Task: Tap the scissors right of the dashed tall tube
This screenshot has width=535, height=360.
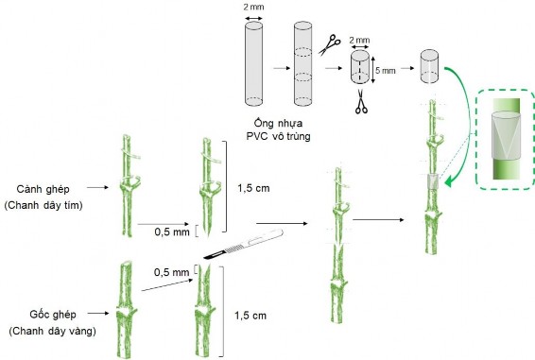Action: point(330,44)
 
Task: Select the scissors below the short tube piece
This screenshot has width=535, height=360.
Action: point(361,101)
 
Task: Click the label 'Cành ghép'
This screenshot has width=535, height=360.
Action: point(43,189)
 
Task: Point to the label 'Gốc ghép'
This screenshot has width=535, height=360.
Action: point(53,315)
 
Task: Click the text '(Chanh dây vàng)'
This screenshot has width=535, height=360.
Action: point(53,331)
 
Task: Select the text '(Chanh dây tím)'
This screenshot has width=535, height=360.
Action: point(43,205)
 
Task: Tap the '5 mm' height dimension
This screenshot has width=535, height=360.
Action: point(386,71)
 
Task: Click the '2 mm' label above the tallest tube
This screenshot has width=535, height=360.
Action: point(253,7)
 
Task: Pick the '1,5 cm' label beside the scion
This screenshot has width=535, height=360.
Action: point(253,188)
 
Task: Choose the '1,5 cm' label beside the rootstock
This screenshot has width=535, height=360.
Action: point(250,316)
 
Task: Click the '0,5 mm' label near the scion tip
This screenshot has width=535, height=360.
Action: point(172,231)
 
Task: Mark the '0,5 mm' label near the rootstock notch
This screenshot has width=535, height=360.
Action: point(171,272)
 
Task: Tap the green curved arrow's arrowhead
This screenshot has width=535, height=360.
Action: point(450,180)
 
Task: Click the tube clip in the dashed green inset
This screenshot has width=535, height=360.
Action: point(506,136)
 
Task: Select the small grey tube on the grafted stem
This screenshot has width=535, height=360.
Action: point(433,181)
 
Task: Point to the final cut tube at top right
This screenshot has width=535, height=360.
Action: point(429,66)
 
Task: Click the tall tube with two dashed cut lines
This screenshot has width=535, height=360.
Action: point(303,63)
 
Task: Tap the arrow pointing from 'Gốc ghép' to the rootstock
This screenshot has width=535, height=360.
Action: point(98,313)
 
